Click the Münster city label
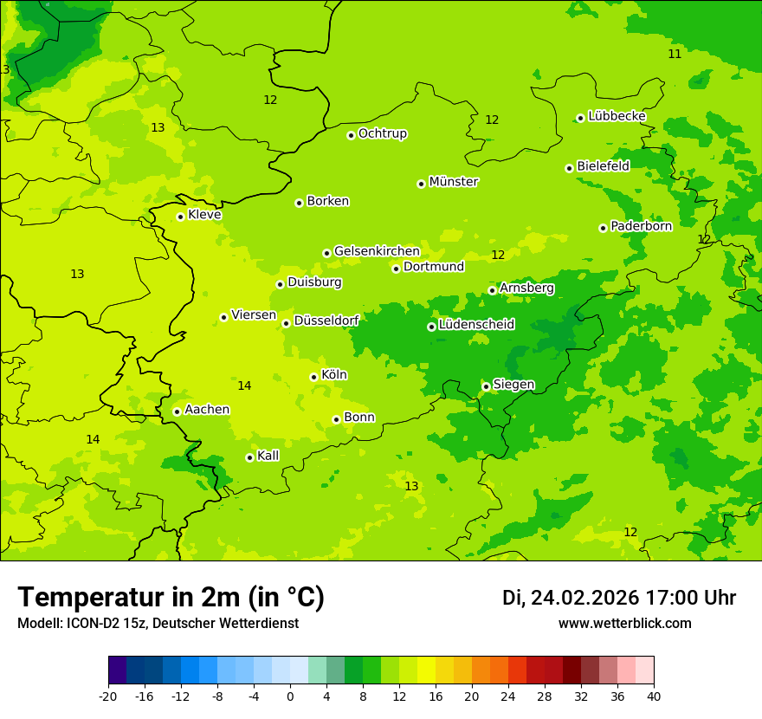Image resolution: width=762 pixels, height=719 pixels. click(x=454, y=182)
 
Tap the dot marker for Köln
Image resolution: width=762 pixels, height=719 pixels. click(x=313, y=377)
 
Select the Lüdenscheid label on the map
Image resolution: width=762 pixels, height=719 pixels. click(x=476, y=325)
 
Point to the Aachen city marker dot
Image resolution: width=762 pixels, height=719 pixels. click(x=177, y=411)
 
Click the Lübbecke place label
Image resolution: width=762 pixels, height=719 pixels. click(x=617, y=116)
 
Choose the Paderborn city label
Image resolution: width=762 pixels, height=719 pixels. click(x=641, y=226)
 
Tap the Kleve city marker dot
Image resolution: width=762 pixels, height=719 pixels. click(x=180, y=217)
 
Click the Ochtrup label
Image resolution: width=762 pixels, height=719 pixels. click(x=383, y=133)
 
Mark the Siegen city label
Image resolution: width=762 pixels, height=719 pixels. click(x=513, y=385)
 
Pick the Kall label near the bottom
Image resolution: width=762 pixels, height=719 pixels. click(x=268, y=456)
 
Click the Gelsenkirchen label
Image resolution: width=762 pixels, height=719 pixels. click(x=377, y=251)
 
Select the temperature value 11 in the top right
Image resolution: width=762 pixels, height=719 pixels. click(x=675, y=54)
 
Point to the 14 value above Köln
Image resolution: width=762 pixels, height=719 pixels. click(x=244, y=385)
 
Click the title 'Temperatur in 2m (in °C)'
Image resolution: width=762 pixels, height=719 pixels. click(x=171, y=597)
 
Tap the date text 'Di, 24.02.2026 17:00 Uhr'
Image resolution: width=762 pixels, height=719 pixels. click(x=619, y=598)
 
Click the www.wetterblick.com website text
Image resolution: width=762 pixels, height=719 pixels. click(x=624, y=623)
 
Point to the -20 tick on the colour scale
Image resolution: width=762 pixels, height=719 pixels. click(x=108, y=696)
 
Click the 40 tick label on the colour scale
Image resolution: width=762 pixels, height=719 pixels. click(x=654, y=696)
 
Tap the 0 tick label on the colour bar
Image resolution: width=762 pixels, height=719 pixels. click(x=290, y=696)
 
